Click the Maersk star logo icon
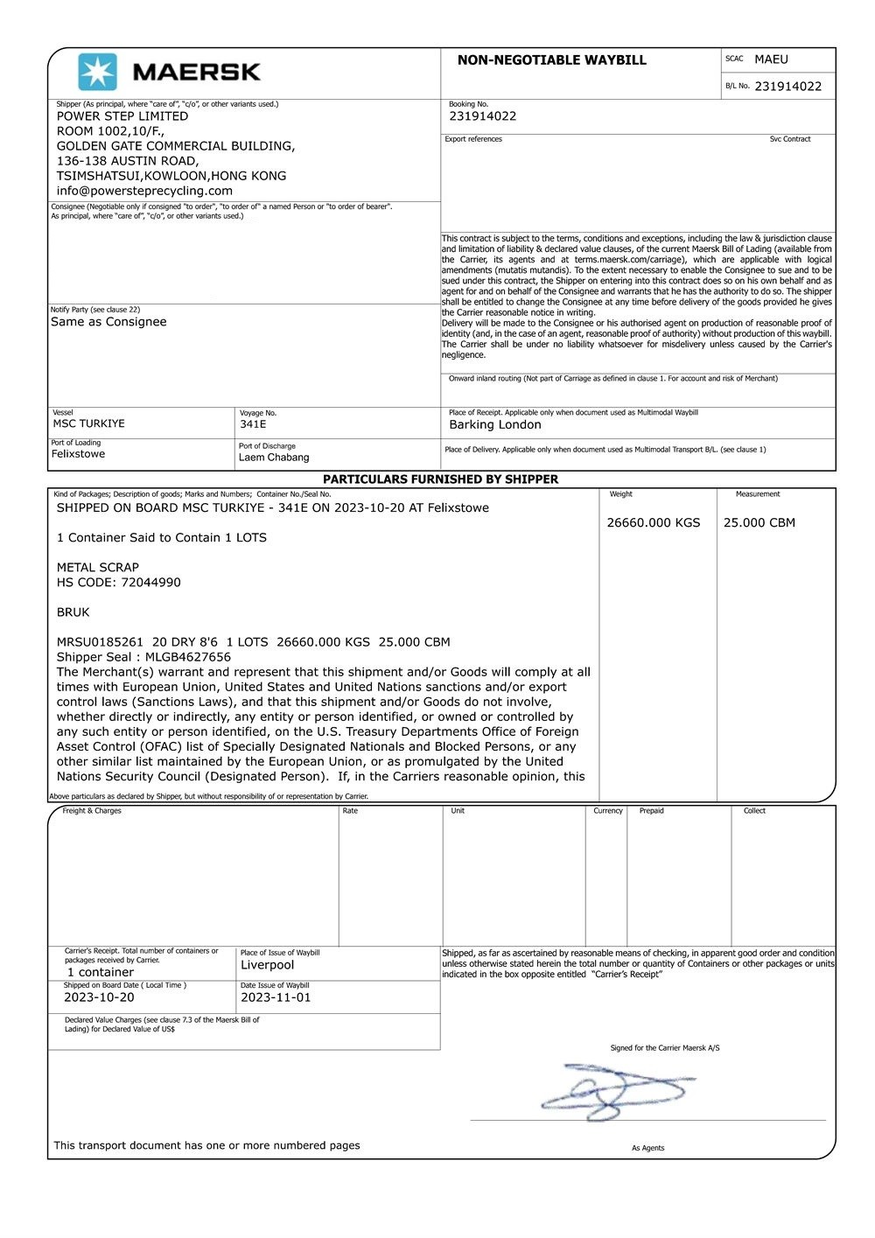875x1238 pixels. tap(97, 72)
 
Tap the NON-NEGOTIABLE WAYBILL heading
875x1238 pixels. tap(551, 60)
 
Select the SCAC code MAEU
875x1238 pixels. tap(771, 59)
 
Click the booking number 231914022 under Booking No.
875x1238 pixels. tap(482, 116)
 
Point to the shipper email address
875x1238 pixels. tap(144, 191)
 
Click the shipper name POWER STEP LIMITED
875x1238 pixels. tap(122, 116)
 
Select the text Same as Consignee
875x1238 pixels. tap(108, 322)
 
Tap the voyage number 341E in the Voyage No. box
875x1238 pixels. tap(253, 424)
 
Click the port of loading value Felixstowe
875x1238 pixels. tap(78, 454)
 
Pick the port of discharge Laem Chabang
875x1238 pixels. tap(274, 458)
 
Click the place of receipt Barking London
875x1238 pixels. tap(495, 425)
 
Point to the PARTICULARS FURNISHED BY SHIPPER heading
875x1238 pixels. tap(440, 479)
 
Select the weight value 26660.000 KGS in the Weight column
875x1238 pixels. tap(654, 523)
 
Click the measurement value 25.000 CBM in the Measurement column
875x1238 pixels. tap(759, 523)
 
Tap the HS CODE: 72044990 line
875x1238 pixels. tap(119, 583)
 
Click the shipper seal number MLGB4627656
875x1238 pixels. tap(188, 657)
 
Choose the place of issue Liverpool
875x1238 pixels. tap(268, 965)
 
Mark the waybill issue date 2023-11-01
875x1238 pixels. tap(276, 997)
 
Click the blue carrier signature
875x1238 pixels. tap(617, 1091)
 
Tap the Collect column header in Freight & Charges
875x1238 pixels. tap(754, 811)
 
